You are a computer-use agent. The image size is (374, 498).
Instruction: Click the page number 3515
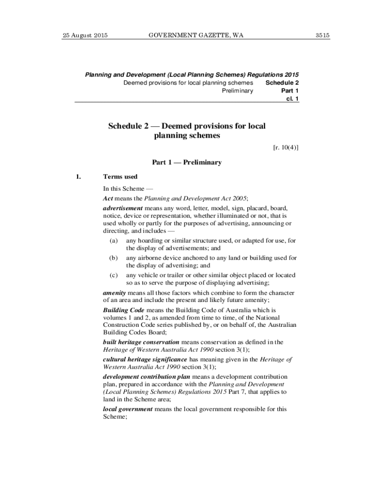[322, 35]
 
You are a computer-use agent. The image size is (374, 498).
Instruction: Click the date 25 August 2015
[85, 35]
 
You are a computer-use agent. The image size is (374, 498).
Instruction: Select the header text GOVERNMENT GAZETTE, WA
[189, 35]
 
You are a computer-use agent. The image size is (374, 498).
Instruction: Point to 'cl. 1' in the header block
[292, 99]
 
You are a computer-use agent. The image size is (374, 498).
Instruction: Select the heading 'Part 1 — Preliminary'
[187, 162]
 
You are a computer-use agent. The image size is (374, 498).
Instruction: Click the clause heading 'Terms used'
[120, 177]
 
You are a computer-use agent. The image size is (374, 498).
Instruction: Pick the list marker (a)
[113, 241]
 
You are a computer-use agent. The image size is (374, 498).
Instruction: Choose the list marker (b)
[113, 258]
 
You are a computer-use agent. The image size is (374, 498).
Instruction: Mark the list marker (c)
[113, 275]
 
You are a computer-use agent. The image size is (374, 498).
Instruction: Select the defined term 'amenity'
[115, 293]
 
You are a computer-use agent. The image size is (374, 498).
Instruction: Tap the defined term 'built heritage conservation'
[141, 342]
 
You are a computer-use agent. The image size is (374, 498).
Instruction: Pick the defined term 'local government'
[128, 409]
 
